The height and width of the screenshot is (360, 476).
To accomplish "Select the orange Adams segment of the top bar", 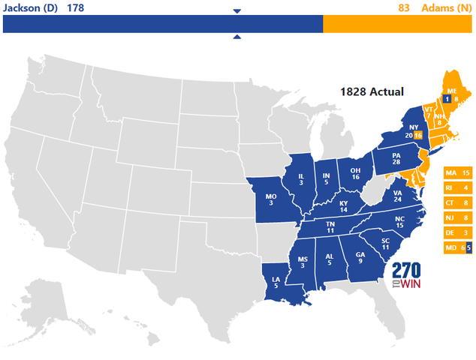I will pos(397,24).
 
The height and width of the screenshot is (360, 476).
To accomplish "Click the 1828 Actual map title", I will pos(372,91).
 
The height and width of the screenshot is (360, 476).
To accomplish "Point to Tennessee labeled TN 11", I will pos(330,227).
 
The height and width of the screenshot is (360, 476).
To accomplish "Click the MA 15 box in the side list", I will pos(457,173).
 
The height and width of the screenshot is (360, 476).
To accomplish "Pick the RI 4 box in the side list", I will pos(457,188).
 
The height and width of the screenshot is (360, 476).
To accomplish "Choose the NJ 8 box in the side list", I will pos(457,218).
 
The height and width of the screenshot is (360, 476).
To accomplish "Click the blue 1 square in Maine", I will pos(447,98).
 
